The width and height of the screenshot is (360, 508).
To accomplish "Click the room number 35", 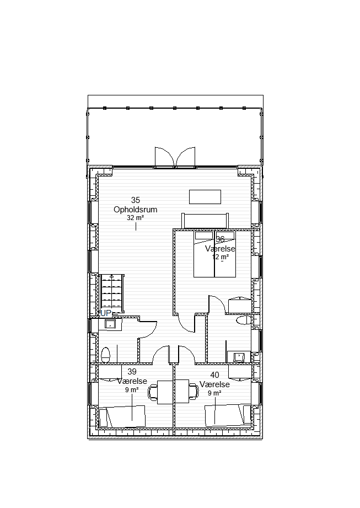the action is (x=135, y=200).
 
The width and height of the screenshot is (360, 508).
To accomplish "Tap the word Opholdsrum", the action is (x=135, y=210).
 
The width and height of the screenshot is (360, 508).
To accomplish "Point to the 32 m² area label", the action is (x=135, y=218).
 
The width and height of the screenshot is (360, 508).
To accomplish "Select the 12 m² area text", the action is (x=221, y=257).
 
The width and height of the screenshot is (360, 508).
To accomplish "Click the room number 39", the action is (x=132, y=372).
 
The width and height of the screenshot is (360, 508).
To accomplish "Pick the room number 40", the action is (x=214, y=375).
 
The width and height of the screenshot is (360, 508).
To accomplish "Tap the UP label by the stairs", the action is (x=106, y=313).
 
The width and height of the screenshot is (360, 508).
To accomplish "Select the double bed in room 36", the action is (x=214, y=254).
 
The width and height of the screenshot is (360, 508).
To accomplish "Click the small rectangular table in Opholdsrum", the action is (x=205, y=197).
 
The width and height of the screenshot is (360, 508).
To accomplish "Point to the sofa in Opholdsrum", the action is (x=205, y=221).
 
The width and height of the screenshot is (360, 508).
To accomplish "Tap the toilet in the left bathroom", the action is (x=105, y=355).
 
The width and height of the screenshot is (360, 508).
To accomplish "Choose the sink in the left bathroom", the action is (x=110, y=324).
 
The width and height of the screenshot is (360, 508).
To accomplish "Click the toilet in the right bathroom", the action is (x=244, y=320).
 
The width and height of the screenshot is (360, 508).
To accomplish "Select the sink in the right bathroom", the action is (x=239, y=357).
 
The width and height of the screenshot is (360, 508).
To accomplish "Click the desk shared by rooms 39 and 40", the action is (x=173, y=392).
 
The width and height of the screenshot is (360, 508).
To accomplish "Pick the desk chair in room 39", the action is (x=153, y=392).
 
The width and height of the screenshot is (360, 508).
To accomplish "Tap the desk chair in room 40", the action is (x=194, y=392).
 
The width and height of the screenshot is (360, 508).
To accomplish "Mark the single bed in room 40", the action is (x=228, y=415).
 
